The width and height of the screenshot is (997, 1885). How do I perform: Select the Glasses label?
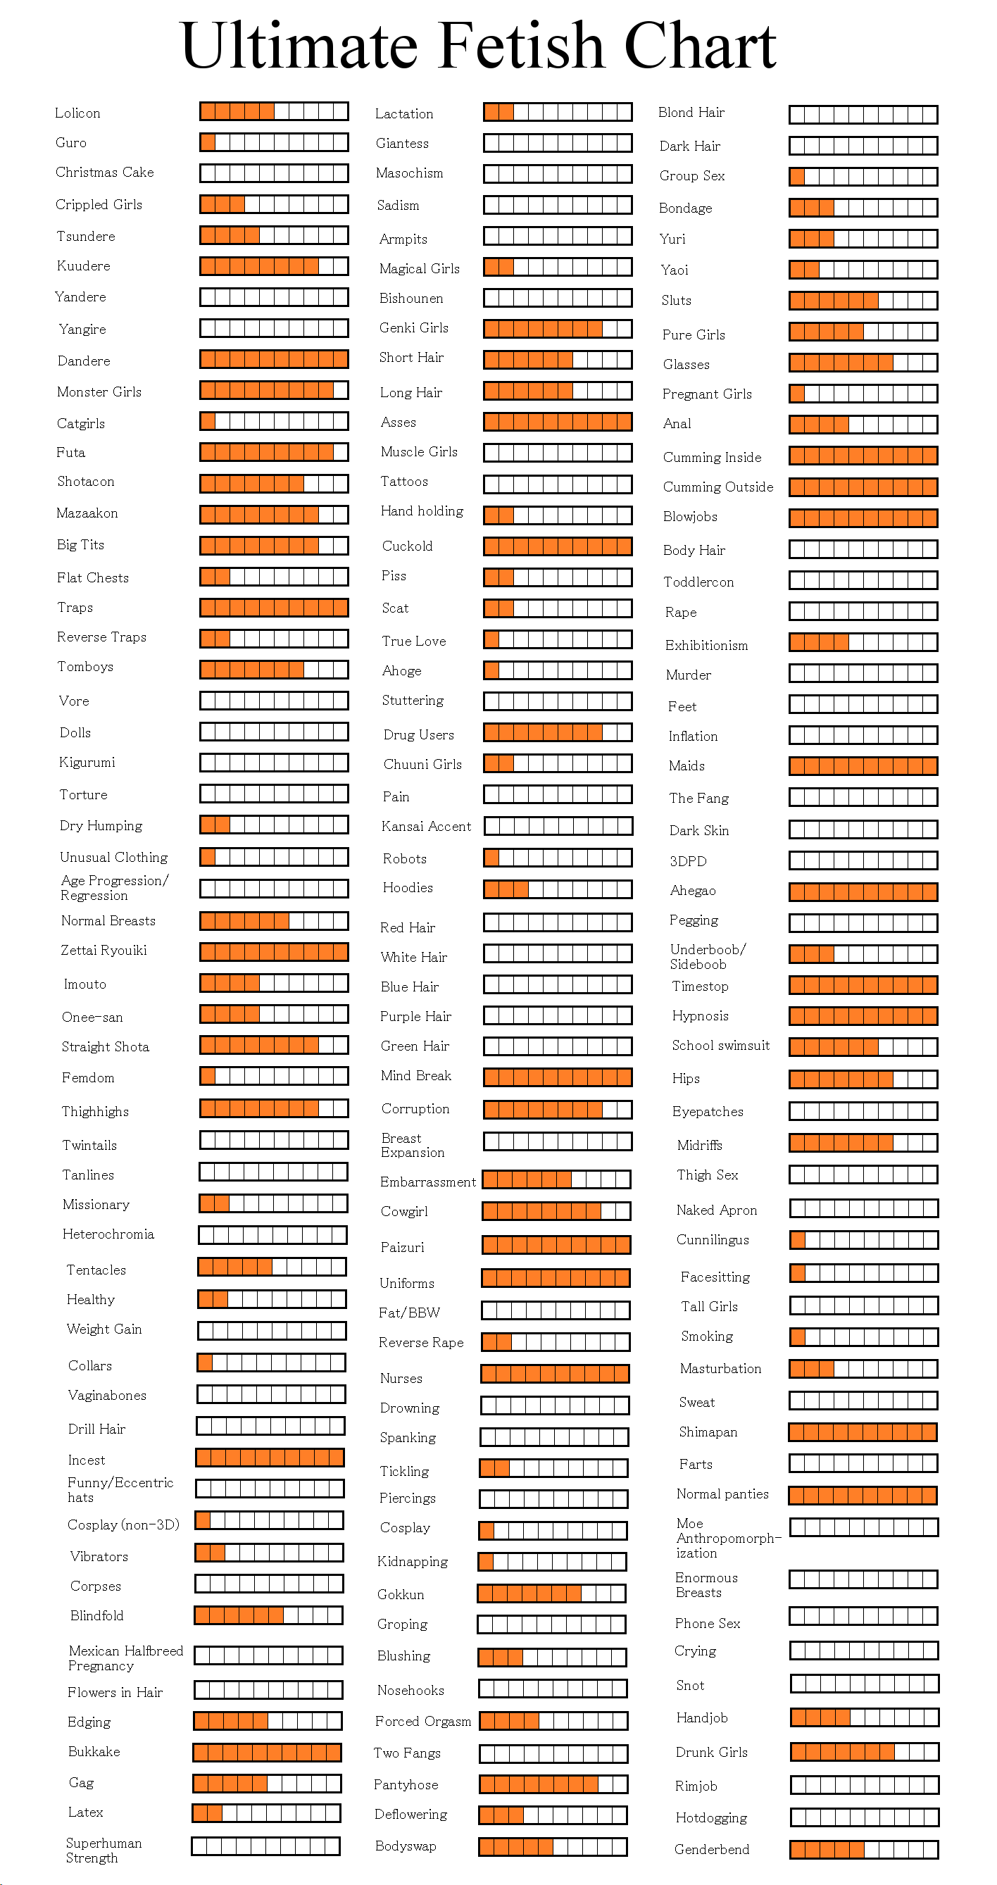coord(686,365)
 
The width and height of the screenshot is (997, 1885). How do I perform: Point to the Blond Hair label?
coord(691,112)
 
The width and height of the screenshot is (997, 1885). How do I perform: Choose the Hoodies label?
coord(408,888)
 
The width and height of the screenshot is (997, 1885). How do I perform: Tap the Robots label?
coord(405,858)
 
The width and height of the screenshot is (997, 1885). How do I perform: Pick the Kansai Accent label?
coord(427,826)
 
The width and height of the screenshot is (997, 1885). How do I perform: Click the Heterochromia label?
coord(108,1234)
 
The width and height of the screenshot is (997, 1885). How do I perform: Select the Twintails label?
coord(89,1145)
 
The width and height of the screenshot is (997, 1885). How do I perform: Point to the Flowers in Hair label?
coord(115,1692)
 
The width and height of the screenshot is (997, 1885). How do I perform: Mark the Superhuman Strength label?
coord(104,1850)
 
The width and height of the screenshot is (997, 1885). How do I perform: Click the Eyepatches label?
coord(708,1112)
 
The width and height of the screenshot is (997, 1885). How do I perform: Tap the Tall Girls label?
coord(709,1306)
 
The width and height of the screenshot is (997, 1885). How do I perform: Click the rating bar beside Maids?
coord(863,766)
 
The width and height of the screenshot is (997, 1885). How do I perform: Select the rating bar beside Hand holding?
coord(558,515)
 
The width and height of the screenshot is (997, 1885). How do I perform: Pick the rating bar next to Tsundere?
coord(275,235)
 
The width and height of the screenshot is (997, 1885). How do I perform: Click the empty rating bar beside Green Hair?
coord(558,1046)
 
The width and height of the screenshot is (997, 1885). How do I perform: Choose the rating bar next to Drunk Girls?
coord(865,1752)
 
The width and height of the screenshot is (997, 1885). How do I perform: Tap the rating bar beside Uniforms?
coord(556,1278)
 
